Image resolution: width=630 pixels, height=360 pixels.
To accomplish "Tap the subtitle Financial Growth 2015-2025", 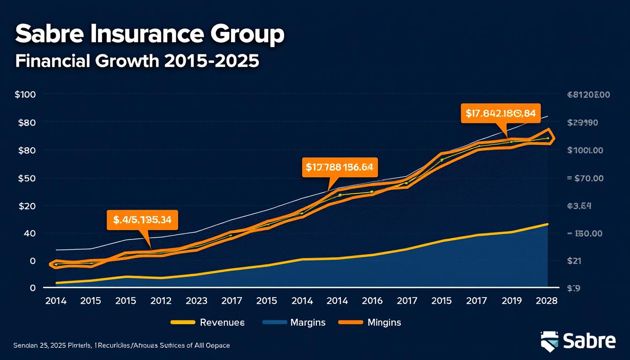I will [137, 61].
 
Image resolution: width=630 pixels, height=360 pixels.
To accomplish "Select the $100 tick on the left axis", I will [25, 94].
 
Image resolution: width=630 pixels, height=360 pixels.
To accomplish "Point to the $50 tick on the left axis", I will [25, 179].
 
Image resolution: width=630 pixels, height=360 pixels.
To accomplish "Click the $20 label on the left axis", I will [25, 206].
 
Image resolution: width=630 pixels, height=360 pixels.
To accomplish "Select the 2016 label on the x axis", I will [372, 301].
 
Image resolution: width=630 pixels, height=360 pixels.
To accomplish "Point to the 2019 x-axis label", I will [511, 301].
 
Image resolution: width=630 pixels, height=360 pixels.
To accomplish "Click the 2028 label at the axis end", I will [547, 301].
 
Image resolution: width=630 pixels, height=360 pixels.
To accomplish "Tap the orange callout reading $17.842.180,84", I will [501, 113].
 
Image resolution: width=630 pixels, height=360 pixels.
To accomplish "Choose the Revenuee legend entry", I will [222, 322].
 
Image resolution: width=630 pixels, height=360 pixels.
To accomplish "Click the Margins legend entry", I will [307, 322].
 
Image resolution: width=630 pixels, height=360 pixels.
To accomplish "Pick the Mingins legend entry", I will [384, 322].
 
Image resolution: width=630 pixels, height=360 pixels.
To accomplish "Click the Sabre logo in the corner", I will [578, 341].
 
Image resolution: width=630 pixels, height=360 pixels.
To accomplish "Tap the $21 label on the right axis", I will [574, 261].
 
